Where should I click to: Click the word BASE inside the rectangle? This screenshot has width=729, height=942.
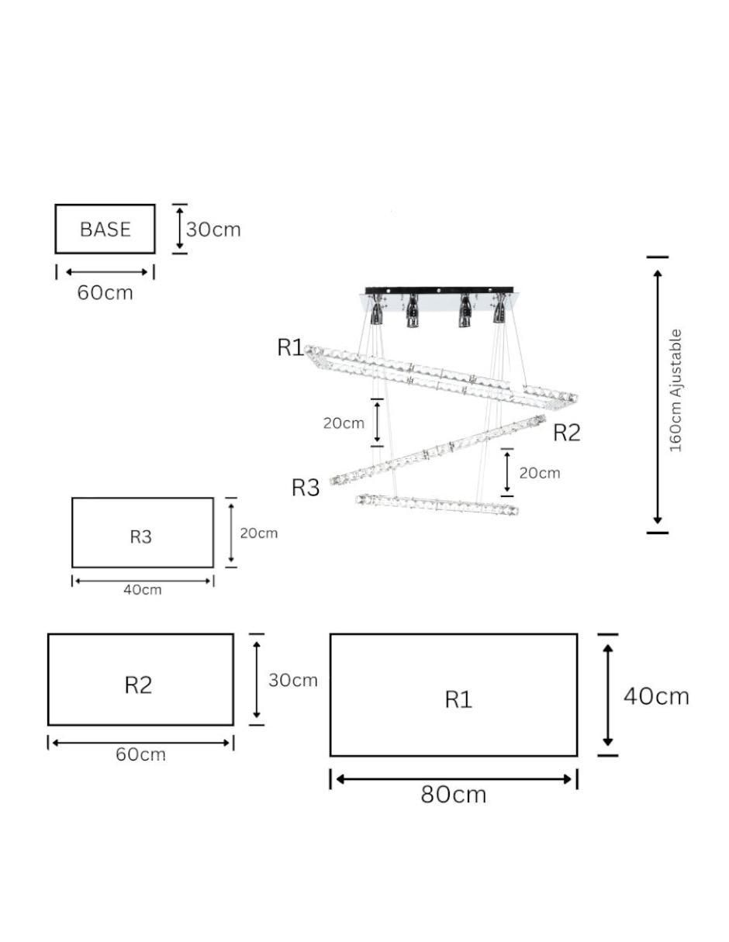pyautogui.click(x=105, y=229)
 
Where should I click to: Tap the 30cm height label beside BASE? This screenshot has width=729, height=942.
pyautogui.click(x=213, y=229)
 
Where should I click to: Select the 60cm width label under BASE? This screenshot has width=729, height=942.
pyautogui.click(x=105, y=292)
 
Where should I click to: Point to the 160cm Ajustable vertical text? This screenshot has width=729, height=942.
pyautogui.click(x=675, y=391)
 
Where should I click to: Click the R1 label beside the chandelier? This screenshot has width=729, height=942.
pyautogui.click(x=290, y=347)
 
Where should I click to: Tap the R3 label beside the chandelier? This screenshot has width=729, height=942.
pyautogui.click(x=306, y=487)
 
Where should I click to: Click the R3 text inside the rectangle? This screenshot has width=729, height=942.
pyautogui.click(x=141, y=537)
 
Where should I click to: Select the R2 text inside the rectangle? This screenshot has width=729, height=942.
pyautogui.click(x=138, y=685)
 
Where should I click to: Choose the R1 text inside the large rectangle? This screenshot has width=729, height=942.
pyautogui.click(x=458, y=699)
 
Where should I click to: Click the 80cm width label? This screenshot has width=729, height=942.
pyautogui.click(x=454, y=794)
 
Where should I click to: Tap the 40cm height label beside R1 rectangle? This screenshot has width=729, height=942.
pyautogui.click(x=656, y=697)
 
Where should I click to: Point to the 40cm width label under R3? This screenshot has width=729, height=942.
pyautogui.click(x=143, y=589)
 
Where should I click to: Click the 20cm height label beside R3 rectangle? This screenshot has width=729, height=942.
pyautogui.click(x=259, y=533)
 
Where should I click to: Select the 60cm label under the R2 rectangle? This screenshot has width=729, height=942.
pyautogui.click(x=140, y=754)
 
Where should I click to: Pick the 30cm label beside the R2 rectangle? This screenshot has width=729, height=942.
pyautogui.click(x=293, y=680)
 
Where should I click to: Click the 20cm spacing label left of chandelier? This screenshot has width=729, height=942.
pyautogui.click(x=344, y=423)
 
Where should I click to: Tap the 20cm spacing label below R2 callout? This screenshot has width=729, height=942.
pyautogui.click(x=540, y=472)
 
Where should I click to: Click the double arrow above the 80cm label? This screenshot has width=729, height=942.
pyautogui.click(x=454, y=779)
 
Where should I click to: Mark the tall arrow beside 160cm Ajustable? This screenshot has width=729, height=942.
pyautogui.click(x=658, y=397)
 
